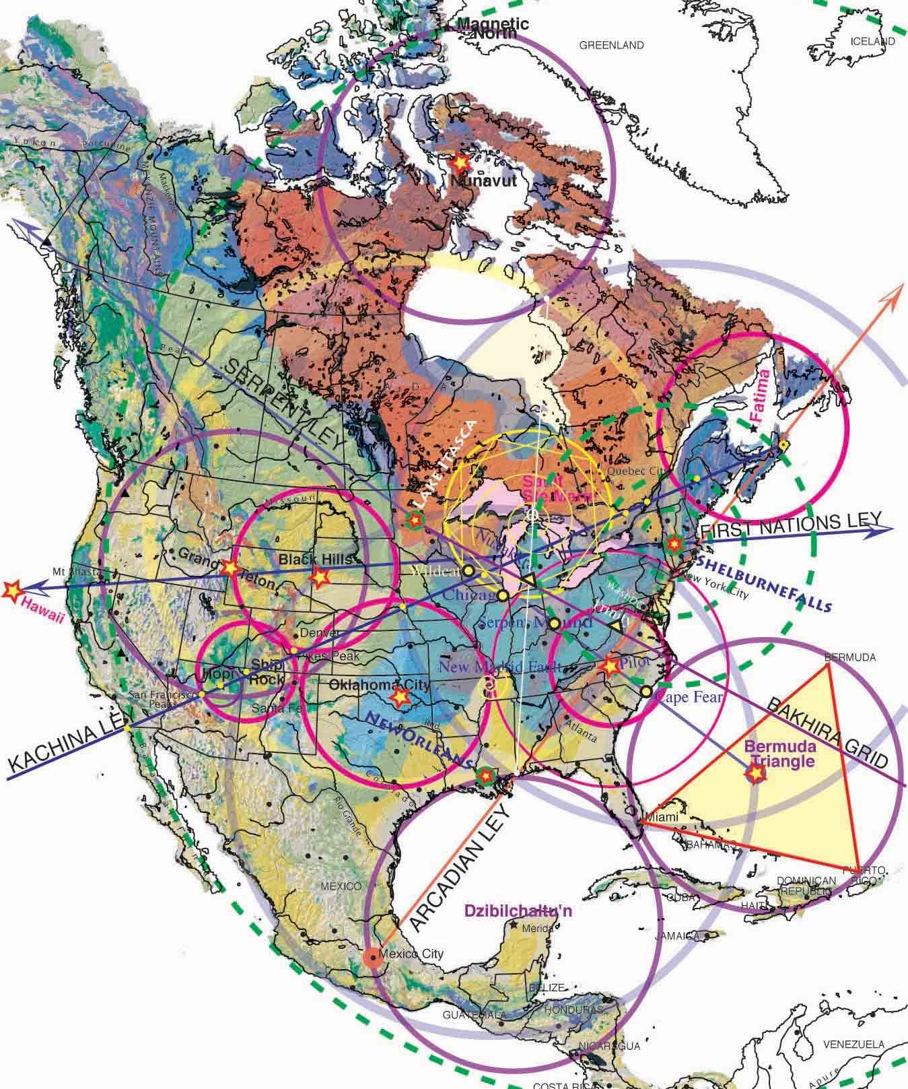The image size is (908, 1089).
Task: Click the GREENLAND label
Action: pos(611,46)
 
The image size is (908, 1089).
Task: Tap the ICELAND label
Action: pos(873,41)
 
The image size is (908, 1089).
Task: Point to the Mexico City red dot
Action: pos(372,956)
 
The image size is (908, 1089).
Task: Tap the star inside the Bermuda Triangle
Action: pos(757,774)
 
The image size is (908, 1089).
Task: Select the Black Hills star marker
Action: pos(320,576)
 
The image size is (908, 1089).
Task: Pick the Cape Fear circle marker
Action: pos(646,692)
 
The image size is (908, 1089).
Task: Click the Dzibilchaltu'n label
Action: pos(518,911)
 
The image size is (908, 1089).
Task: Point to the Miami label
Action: pos(659,818)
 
